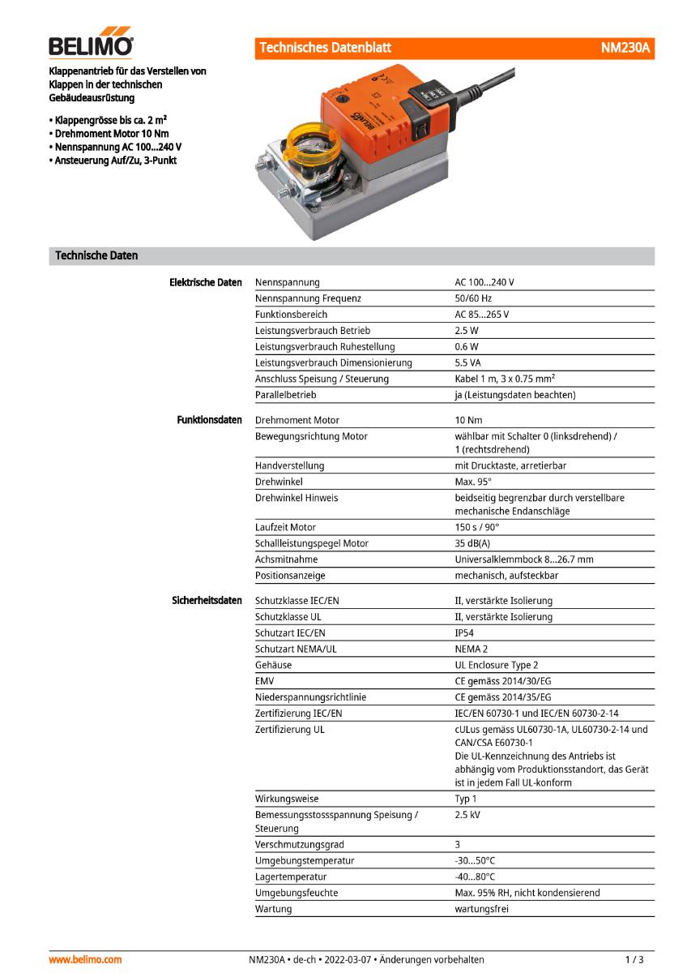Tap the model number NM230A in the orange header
(625, 49)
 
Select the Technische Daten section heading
(96, 255)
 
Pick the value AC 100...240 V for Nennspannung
(484, 282)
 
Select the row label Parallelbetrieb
(285, 395)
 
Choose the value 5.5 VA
(467, 362)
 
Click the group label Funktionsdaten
(209, 420)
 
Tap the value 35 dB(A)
(472, 543)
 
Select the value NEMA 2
(471, 649)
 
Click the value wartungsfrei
(482, 909)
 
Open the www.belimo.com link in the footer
(85, 959)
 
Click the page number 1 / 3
(635, 959)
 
